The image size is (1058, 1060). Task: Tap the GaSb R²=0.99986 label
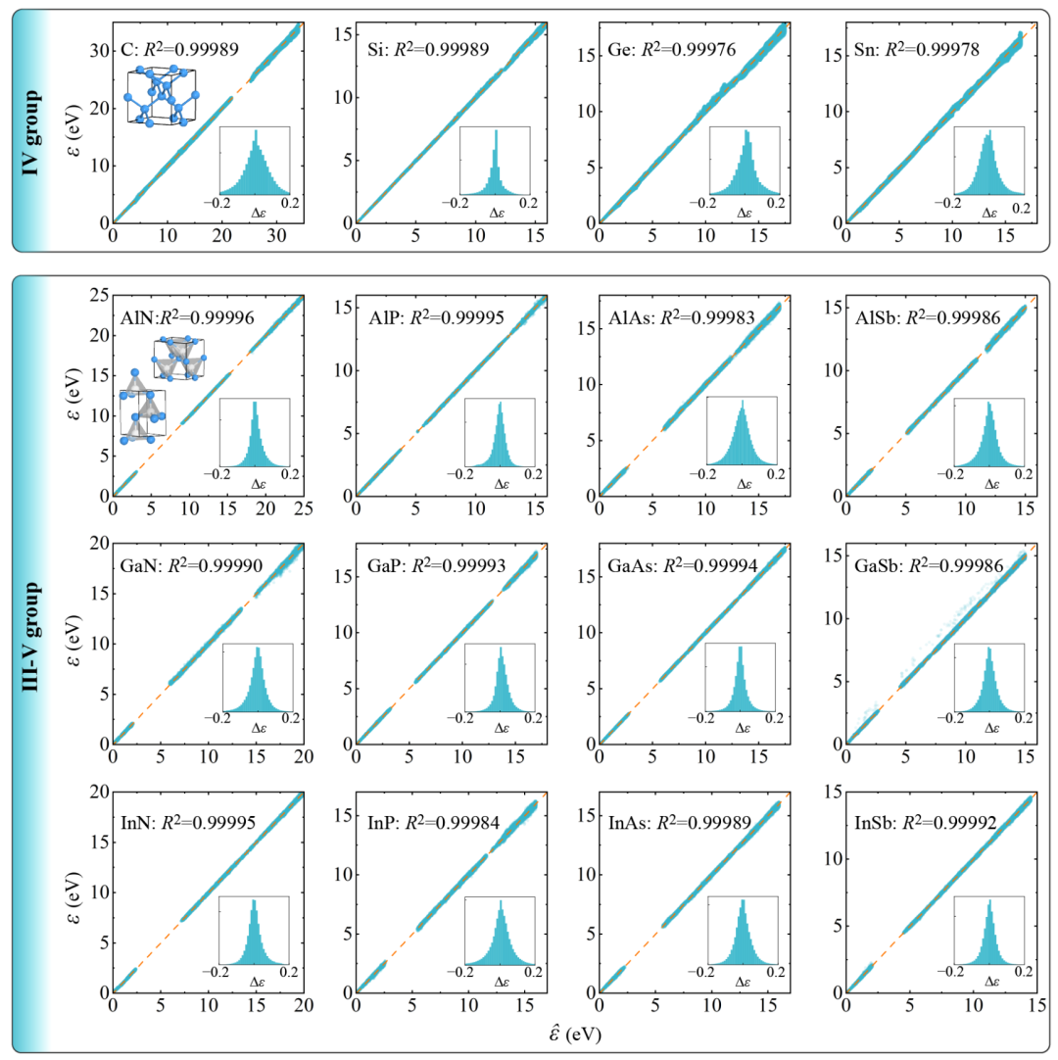tap(914, 565)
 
